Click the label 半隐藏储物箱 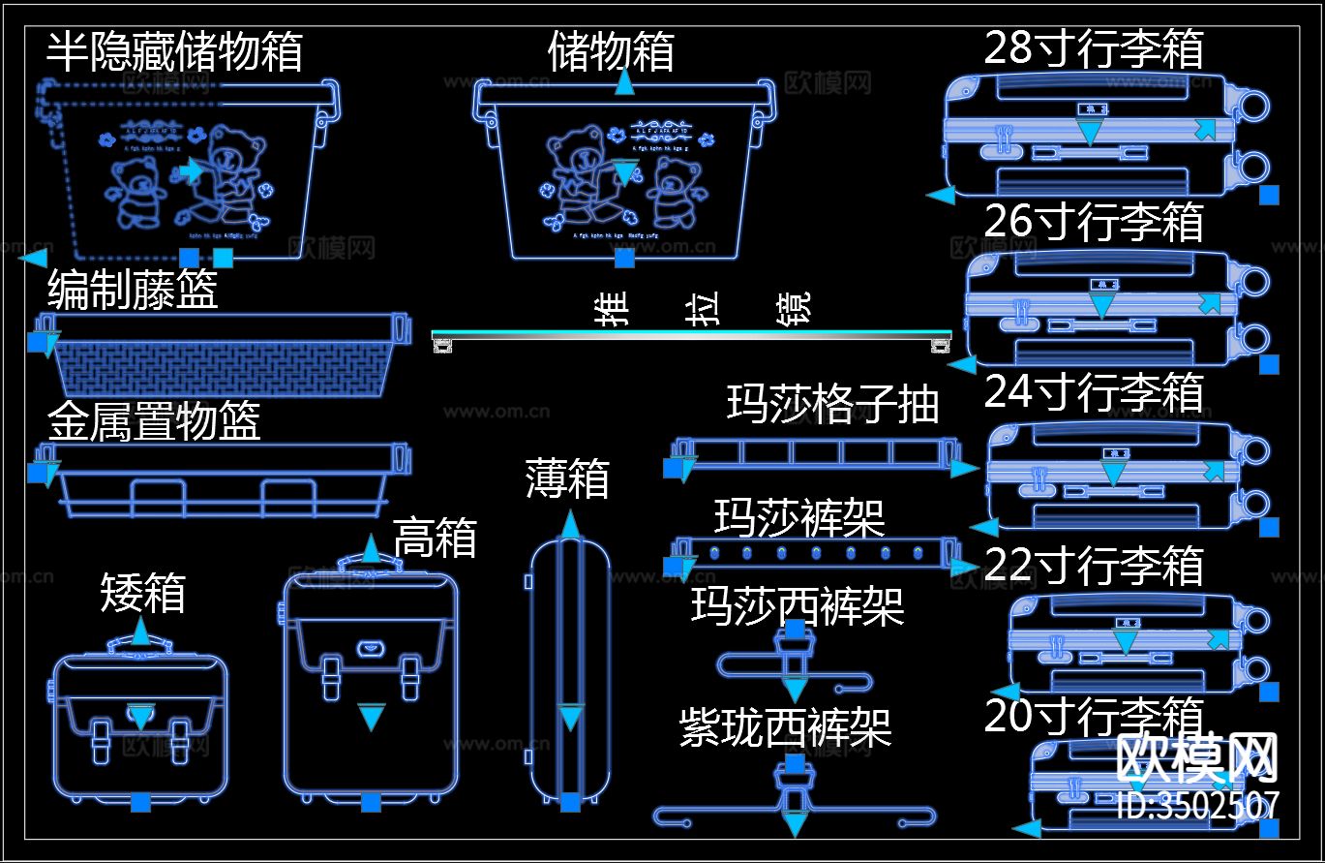tap(174, 51)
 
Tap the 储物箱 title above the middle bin tap(611, 50)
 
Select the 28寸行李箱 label tap(1094, 47)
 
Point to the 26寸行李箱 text tap(1094, 221)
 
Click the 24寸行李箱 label tap(1094, 392)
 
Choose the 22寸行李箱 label tap(1094, 565)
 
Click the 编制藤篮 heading tap(133, 289)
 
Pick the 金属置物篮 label tap(154, 421)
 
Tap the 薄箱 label tap(567, 478)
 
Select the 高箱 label tap(435, 537)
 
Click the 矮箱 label tap(142, 593)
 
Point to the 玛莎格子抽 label tap(833, 404)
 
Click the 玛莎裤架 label tap(799, 517)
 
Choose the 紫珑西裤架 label tap(785, 727)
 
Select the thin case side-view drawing tap(570, 668)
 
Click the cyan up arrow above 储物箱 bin tap(624, 84)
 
